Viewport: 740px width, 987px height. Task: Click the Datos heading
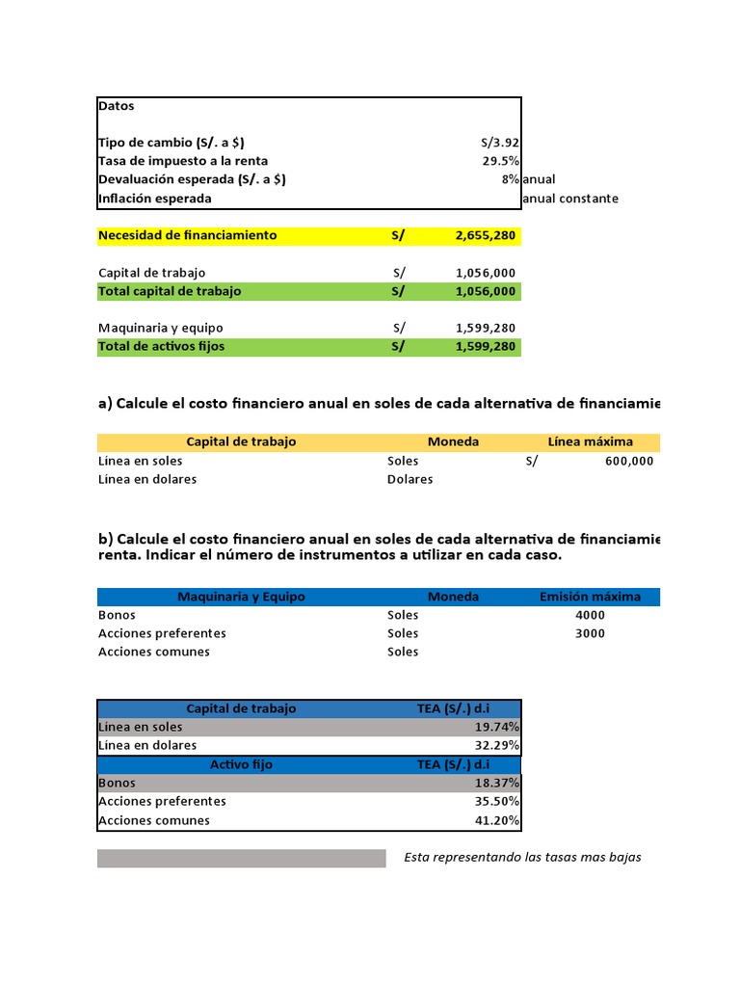(117, 106)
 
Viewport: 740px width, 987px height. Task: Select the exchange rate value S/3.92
(500, 143)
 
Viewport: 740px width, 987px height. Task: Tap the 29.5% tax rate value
(501, 161)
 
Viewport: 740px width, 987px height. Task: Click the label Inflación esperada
(154, 199)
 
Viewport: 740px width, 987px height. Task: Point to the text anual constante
(569, 199)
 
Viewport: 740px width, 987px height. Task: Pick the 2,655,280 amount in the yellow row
(486, 235)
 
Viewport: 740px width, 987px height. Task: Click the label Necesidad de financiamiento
(187, 235)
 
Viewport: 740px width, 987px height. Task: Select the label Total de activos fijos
(162, 346)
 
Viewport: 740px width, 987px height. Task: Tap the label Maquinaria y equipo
(161, 328)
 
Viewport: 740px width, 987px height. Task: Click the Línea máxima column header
(590, 441)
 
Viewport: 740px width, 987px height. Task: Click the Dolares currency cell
(410, 479)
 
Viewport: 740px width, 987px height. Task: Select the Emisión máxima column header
(590, 597)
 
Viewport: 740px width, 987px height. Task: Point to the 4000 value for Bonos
(590, 615)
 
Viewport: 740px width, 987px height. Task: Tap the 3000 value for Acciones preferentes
(590, 633)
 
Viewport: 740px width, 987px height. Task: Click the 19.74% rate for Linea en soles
(499, 727)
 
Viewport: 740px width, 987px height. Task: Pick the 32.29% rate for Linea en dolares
(499, 745)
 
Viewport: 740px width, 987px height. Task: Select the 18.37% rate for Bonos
(499, 783)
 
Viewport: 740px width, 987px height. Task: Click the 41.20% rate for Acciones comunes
(499, 820)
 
